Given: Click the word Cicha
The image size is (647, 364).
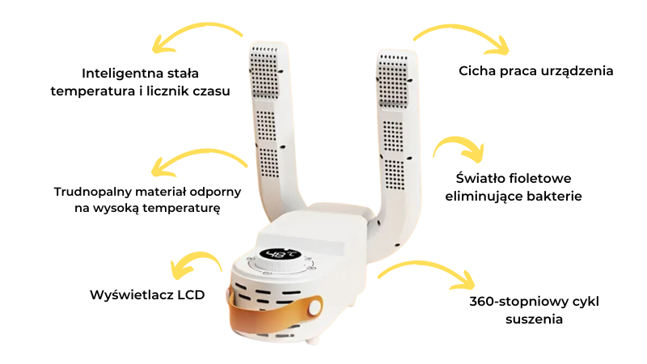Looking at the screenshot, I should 477,71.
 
